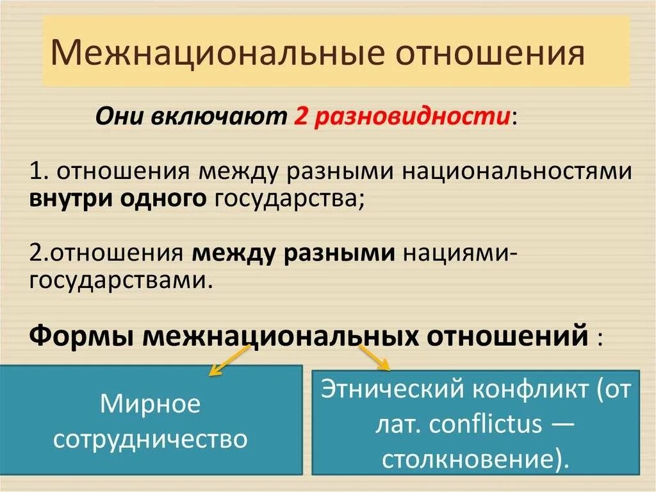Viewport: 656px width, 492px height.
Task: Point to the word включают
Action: coord(220,118)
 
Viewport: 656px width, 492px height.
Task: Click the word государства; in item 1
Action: coord(290,199)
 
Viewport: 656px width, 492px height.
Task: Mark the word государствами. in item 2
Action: coord(121,280)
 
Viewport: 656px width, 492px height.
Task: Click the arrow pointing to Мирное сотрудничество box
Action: coord(222,362)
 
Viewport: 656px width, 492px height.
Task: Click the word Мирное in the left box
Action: coord(150,405)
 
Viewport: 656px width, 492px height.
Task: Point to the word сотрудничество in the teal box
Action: coord(150,439)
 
